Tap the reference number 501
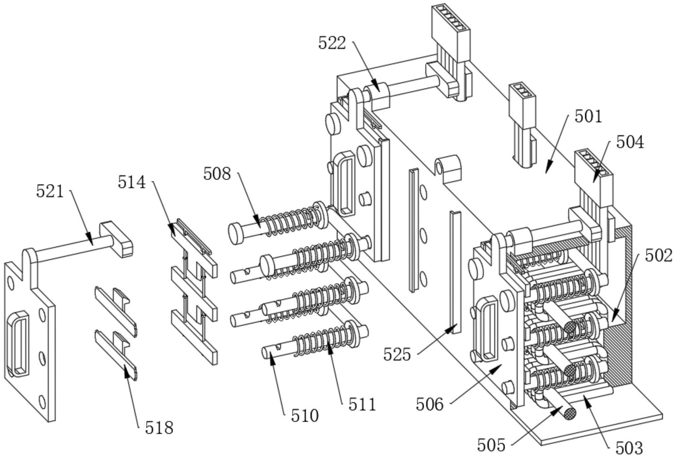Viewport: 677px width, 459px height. pos(588,117)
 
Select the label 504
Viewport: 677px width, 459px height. pos(630,142)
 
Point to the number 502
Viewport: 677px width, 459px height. pos(658,256)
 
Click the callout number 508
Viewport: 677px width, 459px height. pos(217,174)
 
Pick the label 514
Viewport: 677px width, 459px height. pos(132,182)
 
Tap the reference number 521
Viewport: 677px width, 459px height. pos(50,192)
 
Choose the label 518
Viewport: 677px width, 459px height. pos(159,428)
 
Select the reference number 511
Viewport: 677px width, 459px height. pos(362,405)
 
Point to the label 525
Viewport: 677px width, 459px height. pos(397,355)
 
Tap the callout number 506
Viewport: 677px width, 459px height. pos(429,405)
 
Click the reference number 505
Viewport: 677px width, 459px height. pos(491,445)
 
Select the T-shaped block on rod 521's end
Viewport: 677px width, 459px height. pos(116,238)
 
